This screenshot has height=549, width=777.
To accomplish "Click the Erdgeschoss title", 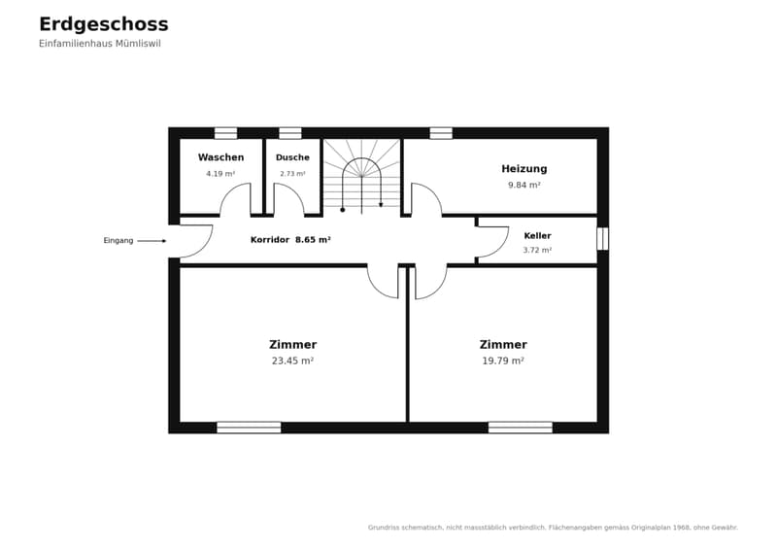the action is click(x=104, y=24).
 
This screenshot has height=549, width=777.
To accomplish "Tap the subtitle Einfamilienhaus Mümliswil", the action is click(x=100, y=44).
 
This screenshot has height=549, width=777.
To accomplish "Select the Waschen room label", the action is click(x=221, y=157).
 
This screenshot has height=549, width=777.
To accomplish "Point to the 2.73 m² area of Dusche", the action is click(x=292, y=174).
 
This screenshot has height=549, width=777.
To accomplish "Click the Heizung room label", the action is click(x=524, y=169).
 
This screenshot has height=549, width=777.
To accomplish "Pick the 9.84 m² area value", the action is click(x=524, y=185).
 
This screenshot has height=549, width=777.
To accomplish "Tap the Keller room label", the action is click(x=537, y=236).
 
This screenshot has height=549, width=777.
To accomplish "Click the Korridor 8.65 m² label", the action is click(x=290, y=240).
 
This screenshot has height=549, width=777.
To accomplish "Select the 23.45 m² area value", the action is click(x=292, y=361).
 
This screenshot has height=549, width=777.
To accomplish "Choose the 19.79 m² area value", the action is click(x=503, y=361).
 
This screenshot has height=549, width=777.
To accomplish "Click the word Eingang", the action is click(x=118, y=241).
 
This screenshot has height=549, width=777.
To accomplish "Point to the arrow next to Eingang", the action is click(x=152, y=241).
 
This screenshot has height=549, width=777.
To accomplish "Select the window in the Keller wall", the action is click(x=602, y=238).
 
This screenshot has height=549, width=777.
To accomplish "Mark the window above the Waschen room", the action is click(x=225, y=133).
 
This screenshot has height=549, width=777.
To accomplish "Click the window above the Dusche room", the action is click(x=289, y=133).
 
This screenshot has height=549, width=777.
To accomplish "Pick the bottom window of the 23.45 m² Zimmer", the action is click(x=249, y=428).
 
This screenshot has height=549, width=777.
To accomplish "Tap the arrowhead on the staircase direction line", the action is click(x=381, y=204).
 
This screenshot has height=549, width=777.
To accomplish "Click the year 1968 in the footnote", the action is click(x=681, y=528).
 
